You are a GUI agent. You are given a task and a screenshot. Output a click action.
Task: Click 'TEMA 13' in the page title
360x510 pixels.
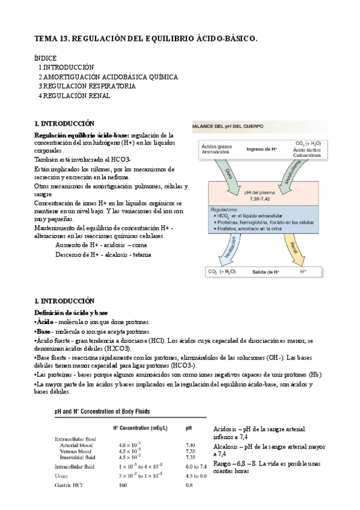[x=51, y=38]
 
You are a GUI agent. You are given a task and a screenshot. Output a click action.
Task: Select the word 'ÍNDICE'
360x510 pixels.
[x=46, y=58]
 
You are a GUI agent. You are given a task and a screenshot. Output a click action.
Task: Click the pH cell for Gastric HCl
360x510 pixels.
[x=190, y=484]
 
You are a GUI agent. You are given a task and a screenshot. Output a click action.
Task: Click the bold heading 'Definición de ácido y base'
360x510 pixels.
[x=71, y=313]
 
